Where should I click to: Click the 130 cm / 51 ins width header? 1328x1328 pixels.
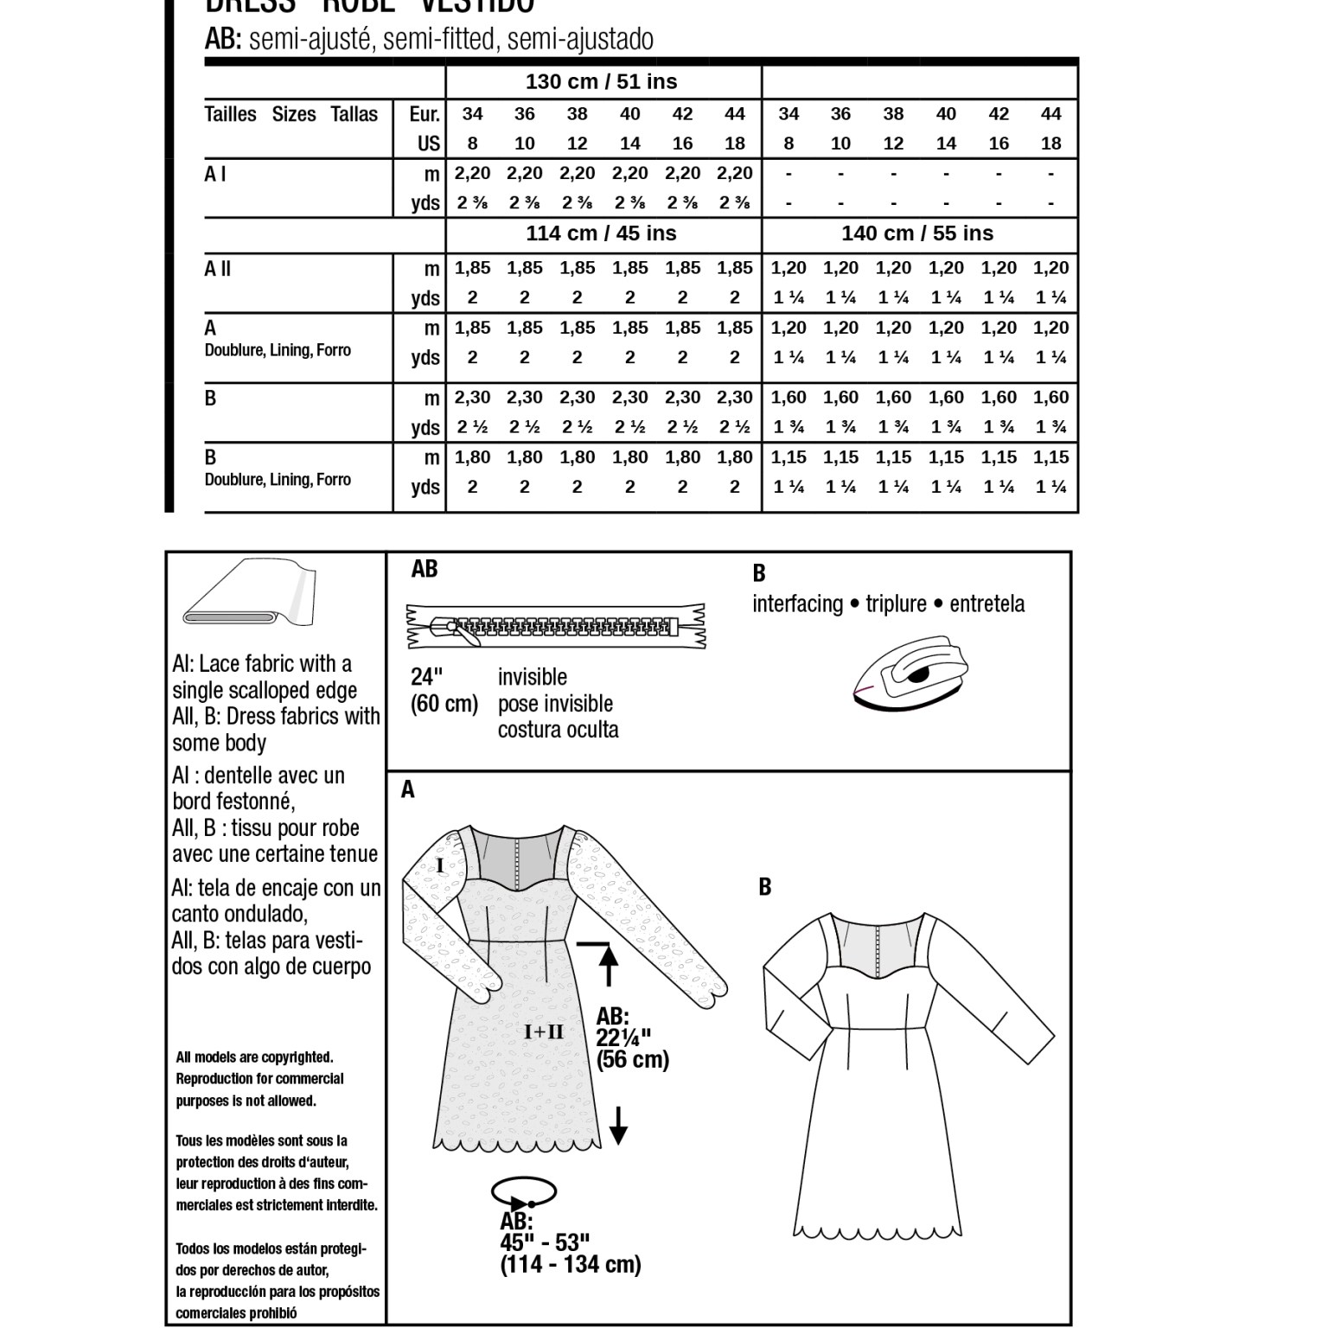[x=601, y=82]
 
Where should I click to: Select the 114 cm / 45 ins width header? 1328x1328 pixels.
[x=601, y=233]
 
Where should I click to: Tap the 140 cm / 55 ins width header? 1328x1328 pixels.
[x=917, y=233]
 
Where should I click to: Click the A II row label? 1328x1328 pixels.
[x=218, y=269]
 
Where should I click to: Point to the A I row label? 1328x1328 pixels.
[x=215, y=174]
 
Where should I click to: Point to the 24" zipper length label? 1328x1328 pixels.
[x=426, y=677]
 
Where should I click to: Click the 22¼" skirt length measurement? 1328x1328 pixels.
[x=623, y=1037]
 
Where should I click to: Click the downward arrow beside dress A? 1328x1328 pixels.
[x=617, y=1125]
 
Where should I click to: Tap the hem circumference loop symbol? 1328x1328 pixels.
[x=524, y=1195]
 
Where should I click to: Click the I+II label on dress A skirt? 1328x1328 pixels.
[x=544, y=1031]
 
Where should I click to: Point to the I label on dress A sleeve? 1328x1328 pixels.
[x=440, y=865]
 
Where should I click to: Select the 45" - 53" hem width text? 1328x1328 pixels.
[x=545, y=1242]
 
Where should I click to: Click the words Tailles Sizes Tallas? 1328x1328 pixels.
[x=291, y=114]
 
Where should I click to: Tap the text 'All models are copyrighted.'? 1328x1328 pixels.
[x=254, y=1057]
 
